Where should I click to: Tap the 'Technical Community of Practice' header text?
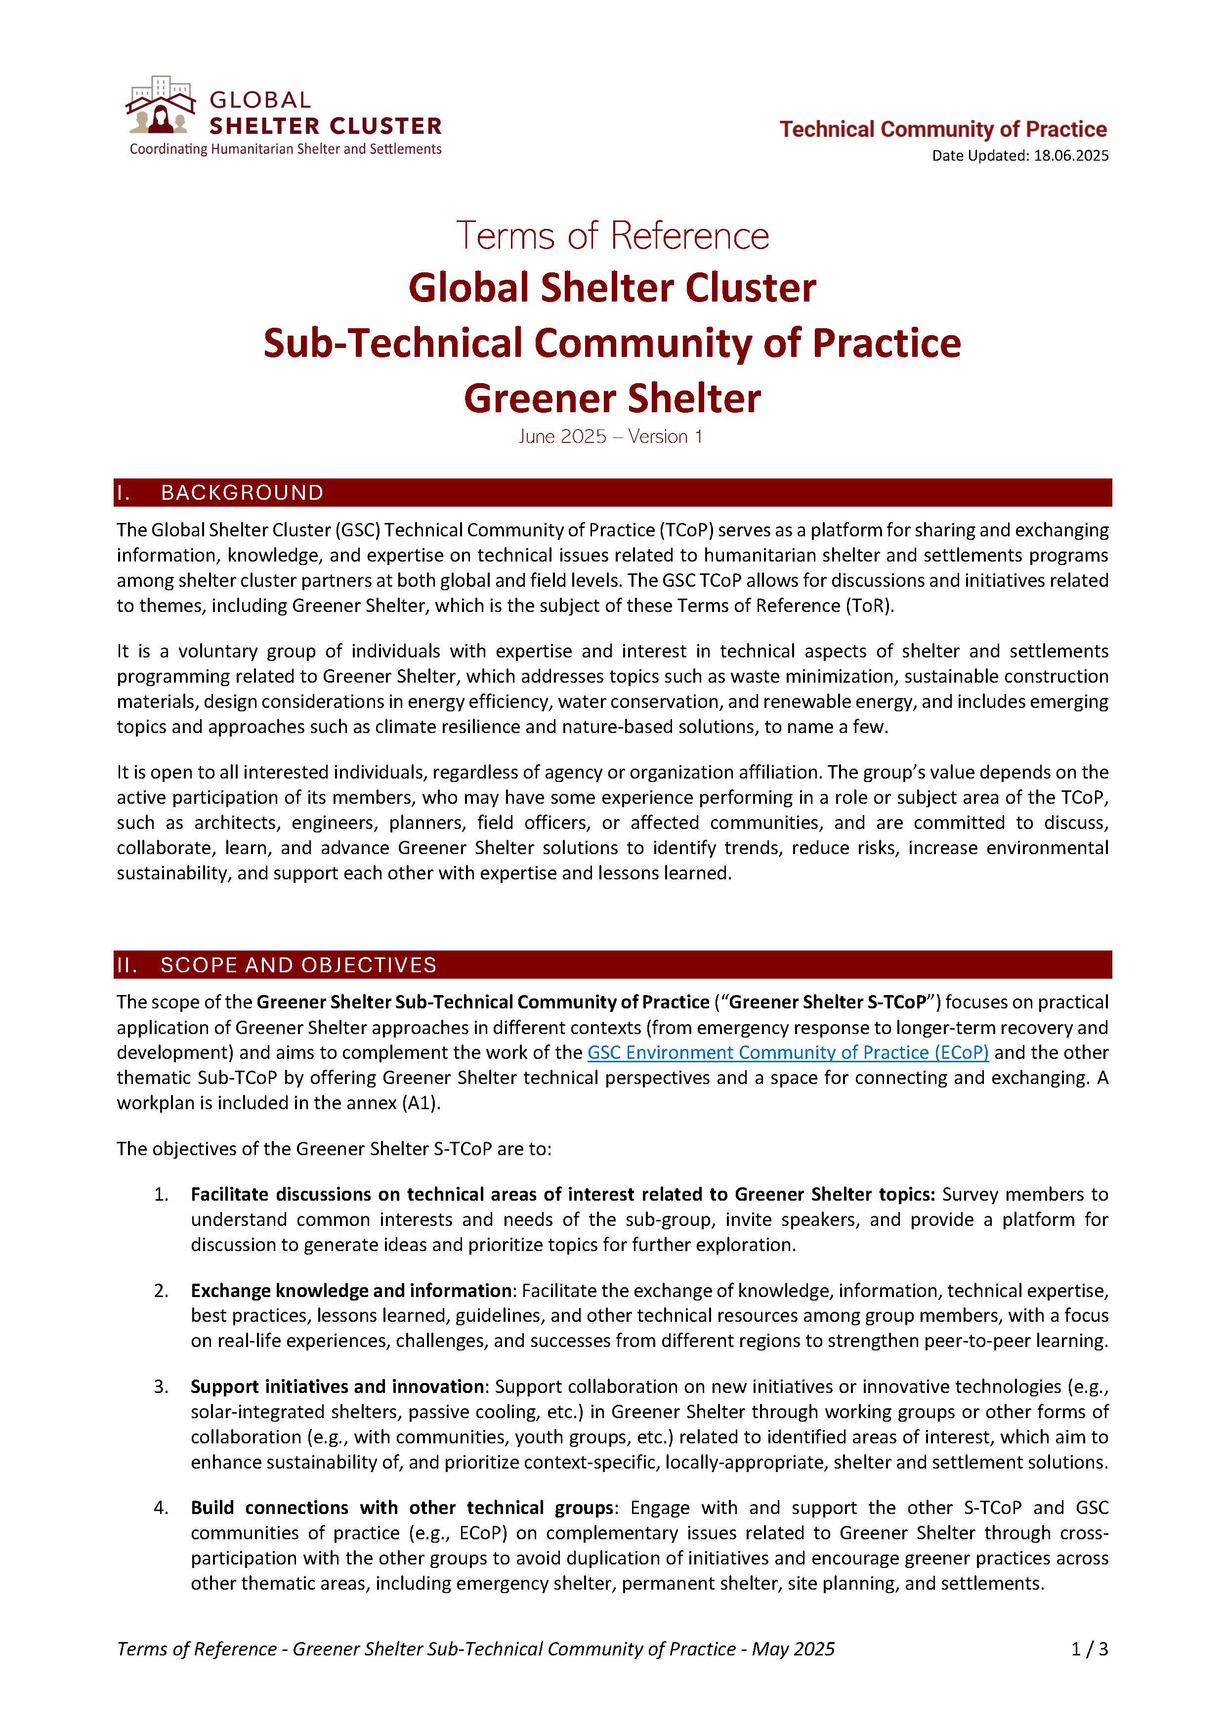pyautogui.click(x=943, y=130)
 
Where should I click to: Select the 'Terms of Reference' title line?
pyautogui.click(x=612, y=236)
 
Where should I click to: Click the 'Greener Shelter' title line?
pyautogui.click(x=612, y=399)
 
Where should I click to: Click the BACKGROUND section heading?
pyautogui.click(x=242, y=493)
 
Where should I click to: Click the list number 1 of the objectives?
pyautogui.click(x=161, y=1195)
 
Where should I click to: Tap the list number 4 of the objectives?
pyautogui.click(x=161, y=1508)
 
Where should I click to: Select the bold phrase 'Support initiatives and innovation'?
pyautogui.click(x=337, y=1387)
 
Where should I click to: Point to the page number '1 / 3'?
pyautogui.click(x=1089, y=1649)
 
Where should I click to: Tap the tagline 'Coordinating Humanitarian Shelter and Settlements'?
pyautogui.click(x=285, y=150)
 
